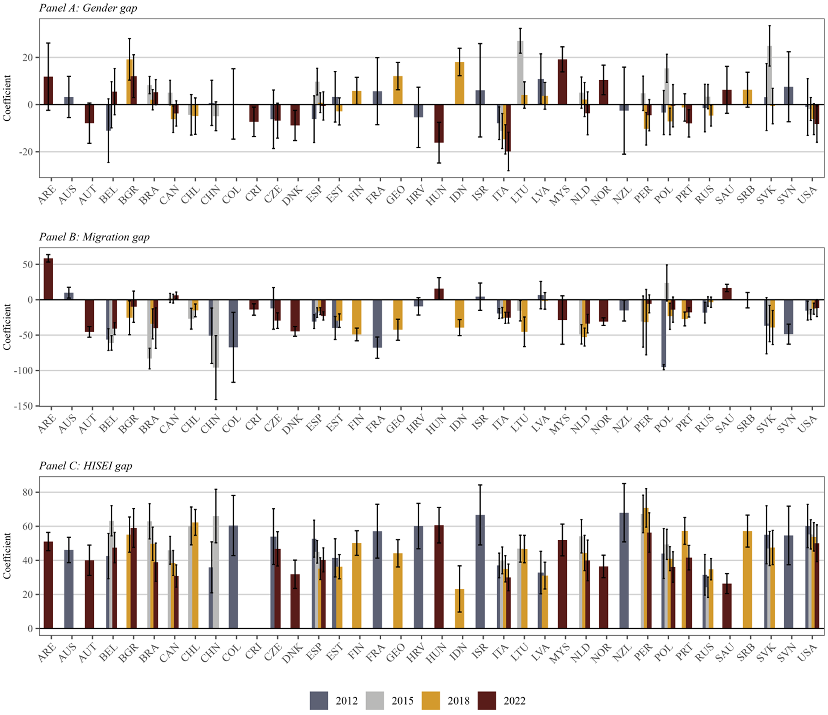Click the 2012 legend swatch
pos(319,701)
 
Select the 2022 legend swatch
pos(486,701)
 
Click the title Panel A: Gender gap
pos(88,8)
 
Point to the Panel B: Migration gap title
pos(94,237)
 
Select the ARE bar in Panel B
pos(48,279)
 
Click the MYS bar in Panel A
pos(562,82)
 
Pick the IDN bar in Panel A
pos(460,83)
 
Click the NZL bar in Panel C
pos(624,571)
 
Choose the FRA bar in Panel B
pos(377,323)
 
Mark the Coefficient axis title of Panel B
pos(7,327)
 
